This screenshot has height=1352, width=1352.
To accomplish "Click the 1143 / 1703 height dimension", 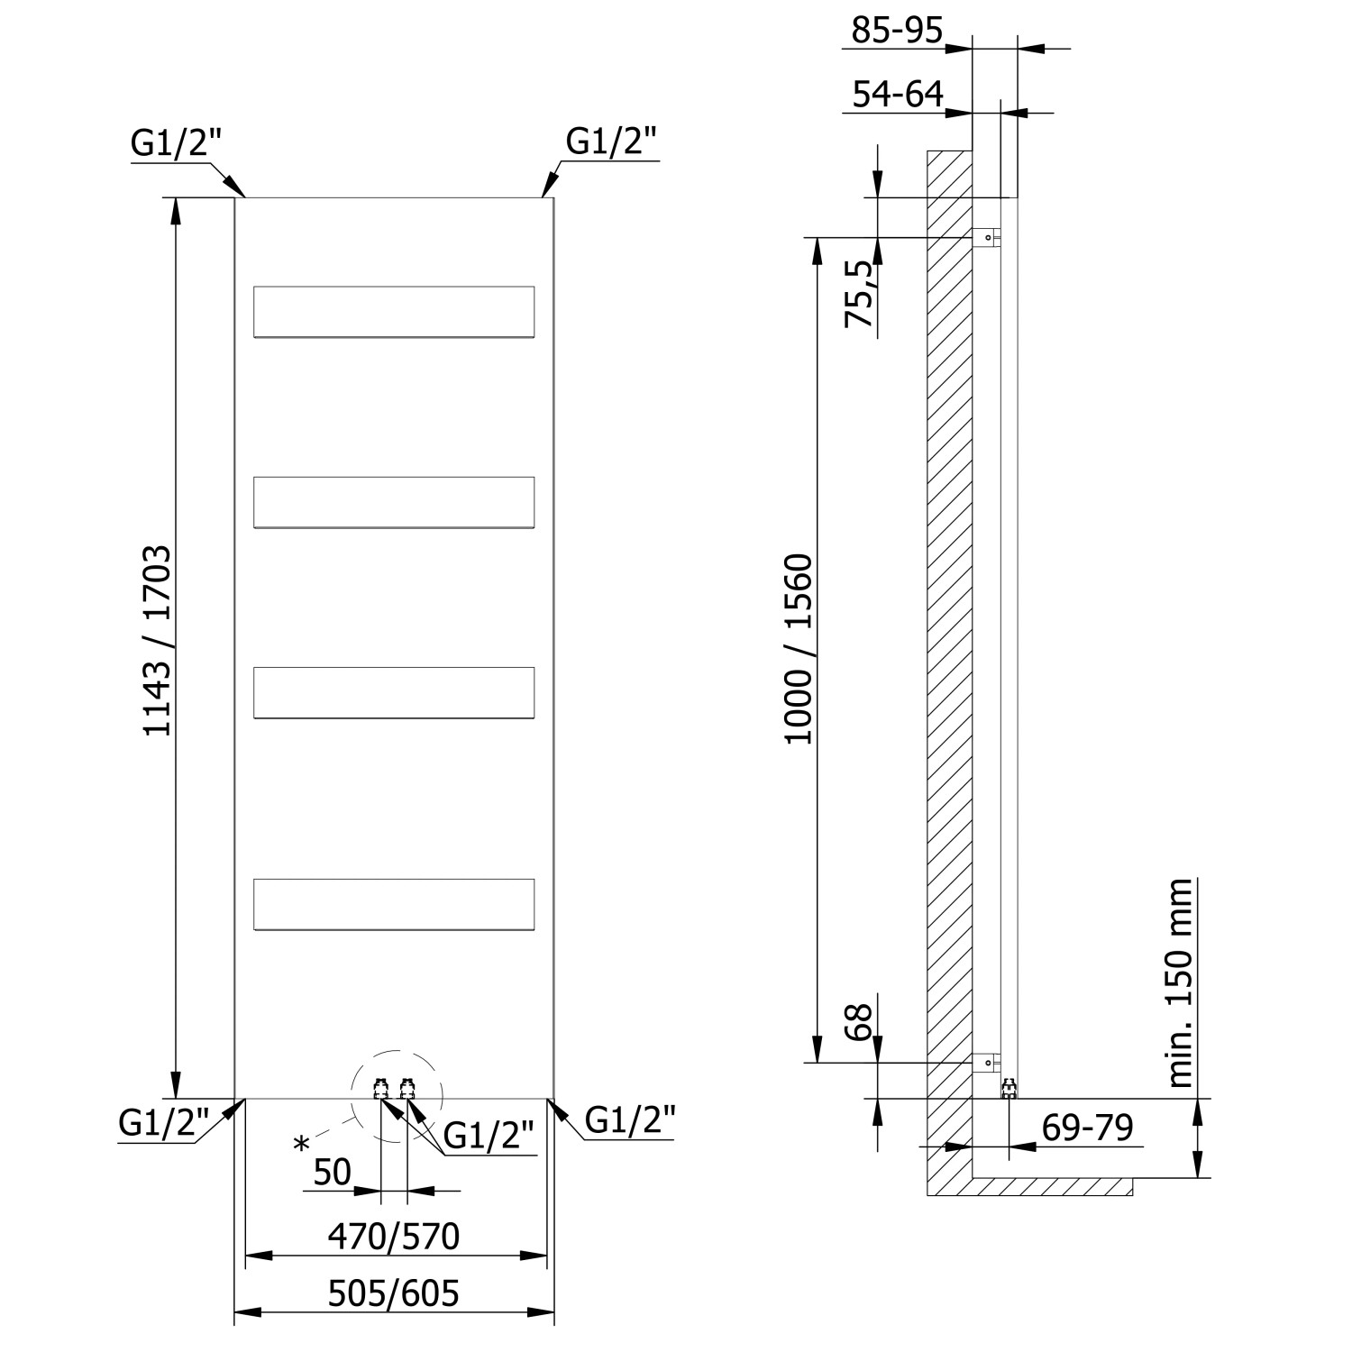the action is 158,640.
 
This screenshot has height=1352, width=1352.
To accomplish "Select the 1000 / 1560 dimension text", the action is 799,649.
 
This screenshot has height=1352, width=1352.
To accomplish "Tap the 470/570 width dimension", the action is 393,1237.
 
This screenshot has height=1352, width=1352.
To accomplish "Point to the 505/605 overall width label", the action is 393,1293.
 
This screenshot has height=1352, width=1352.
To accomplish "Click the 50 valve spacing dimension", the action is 332,1172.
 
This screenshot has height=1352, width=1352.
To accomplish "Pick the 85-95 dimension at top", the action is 897,31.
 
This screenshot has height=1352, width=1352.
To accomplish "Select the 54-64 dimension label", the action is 897,94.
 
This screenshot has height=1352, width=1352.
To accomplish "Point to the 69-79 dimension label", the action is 1087,1127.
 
